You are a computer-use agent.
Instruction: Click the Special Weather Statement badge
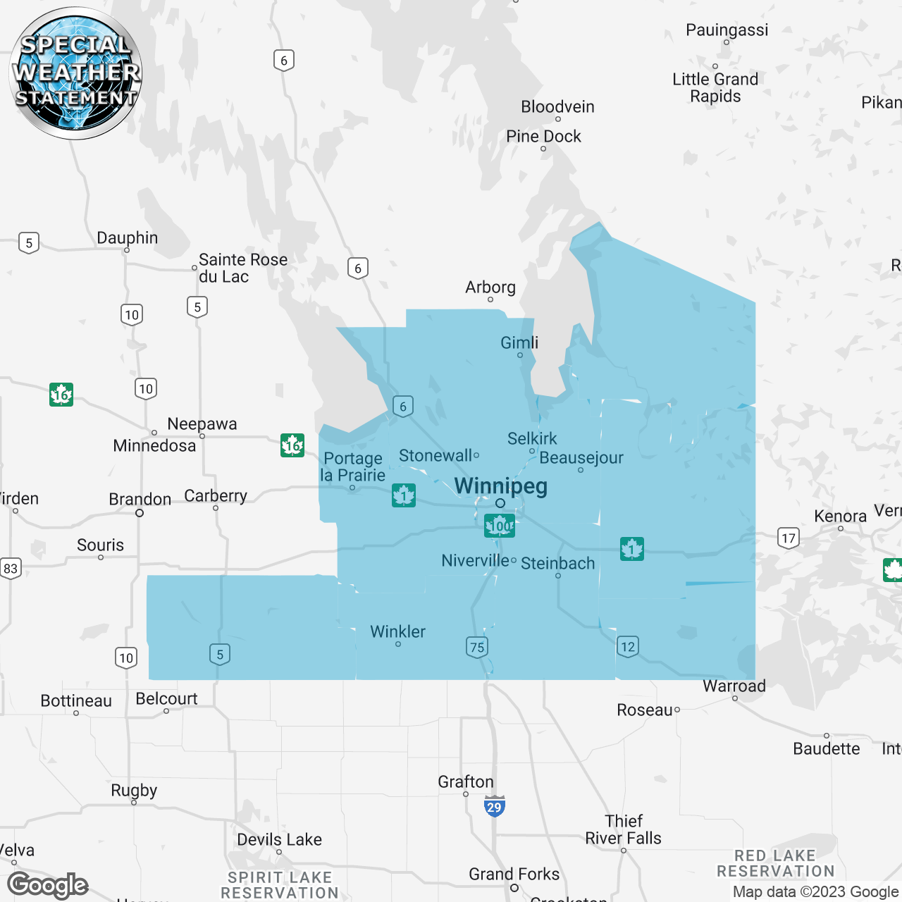(75, 73)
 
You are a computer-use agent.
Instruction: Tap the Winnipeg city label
(500, 486)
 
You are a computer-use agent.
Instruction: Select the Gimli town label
(519, 343)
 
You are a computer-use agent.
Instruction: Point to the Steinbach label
(557, 564)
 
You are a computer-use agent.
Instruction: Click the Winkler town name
(397, 631)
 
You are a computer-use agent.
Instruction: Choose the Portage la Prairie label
(353, 467)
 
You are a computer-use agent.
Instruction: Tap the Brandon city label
(140, 500)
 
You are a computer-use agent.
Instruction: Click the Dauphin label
(127, 238)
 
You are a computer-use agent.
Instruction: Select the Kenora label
(840, 517)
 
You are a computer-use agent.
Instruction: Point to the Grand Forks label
(514, 875)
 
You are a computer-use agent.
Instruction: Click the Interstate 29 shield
(495, 806)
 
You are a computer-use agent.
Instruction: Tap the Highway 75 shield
(477, 647)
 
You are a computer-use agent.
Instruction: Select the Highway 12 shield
(628, 646)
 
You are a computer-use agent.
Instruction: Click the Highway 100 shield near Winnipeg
(500, 526)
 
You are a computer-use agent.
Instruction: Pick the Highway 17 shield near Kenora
(789, 538)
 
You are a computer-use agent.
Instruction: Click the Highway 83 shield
(10, 568)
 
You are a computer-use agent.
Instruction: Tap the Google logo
(48, 885)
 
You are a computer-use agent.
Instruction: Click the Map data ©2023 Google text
(815, 892)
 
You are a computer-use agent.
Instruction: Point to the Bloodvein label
(557, 107)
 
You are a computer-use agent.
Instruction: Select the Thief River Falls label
(623, 829)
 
